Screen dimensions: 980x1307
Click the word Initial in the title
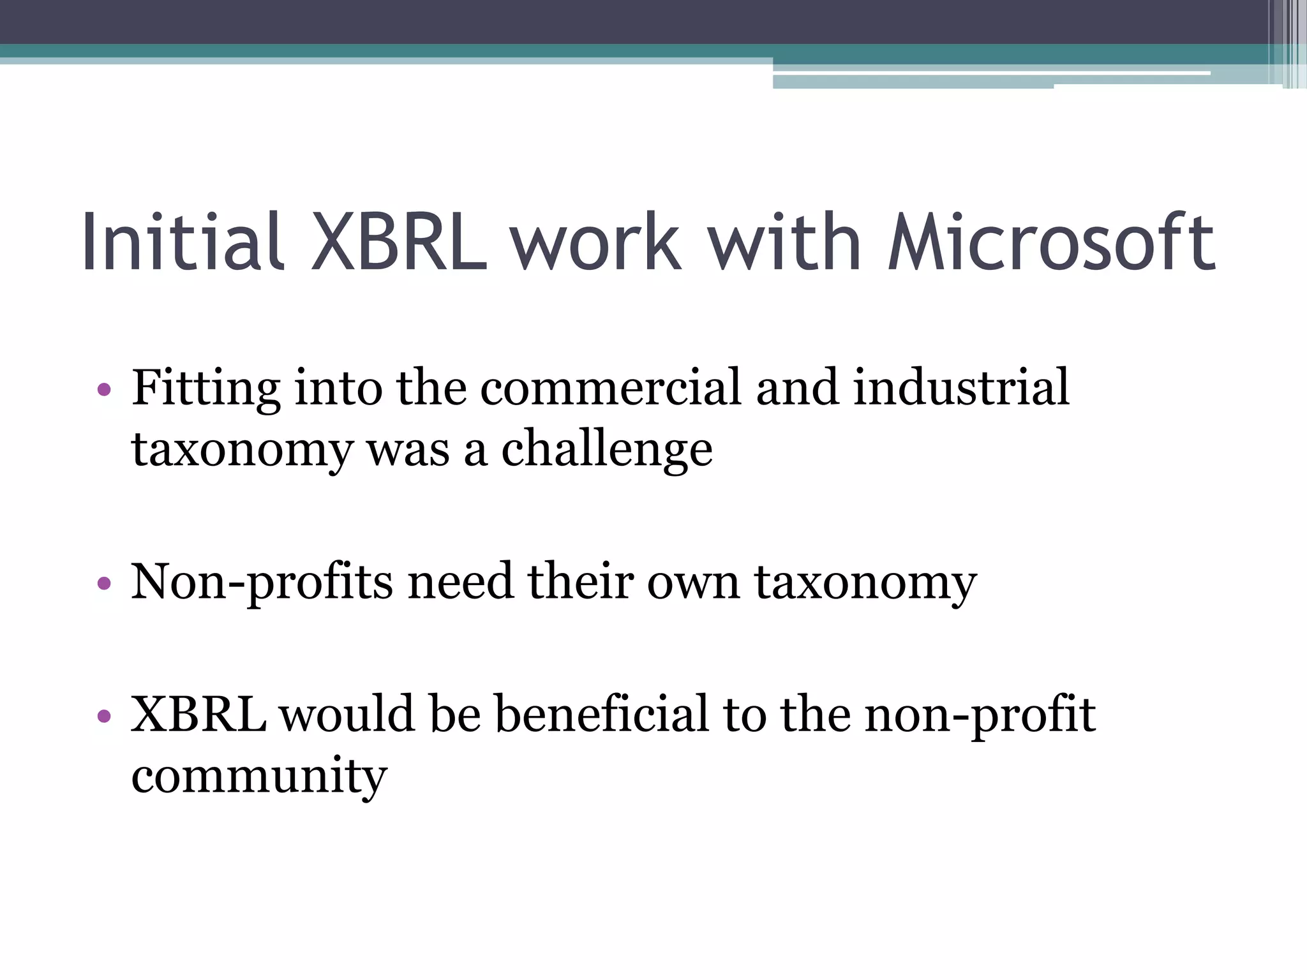pyautogui.click(x=181, y=242)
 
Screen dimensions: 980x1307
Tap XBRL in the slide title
pyautogui.click(x=399, y=242)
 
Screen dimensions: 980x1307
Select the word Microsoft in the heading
pyautogui.click(x=1051, y=242)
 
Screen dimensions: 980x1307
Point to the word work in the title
pyautogui.click(x=595, y=242)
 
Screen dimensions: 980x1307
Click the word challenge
pyautogui.click(x=606, y=449)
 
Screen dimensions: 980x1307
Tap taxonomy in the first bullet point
pyautogui.click(x=242, y=450)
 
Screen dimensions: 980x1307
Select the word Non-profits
pyautogui.click(x=262, y=582)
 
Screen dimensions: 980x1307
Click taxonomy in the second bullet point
pyautogui.click(x=865, y=583)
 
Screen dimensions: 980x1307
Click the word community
pyautogui.click(x=259, y=777)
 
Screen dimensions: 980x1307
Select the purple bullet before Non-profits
pyautogui.click(x=105, y=583)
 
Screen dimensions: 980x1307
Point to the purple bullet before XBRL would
pyautogui.click(x=105, y=716)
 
